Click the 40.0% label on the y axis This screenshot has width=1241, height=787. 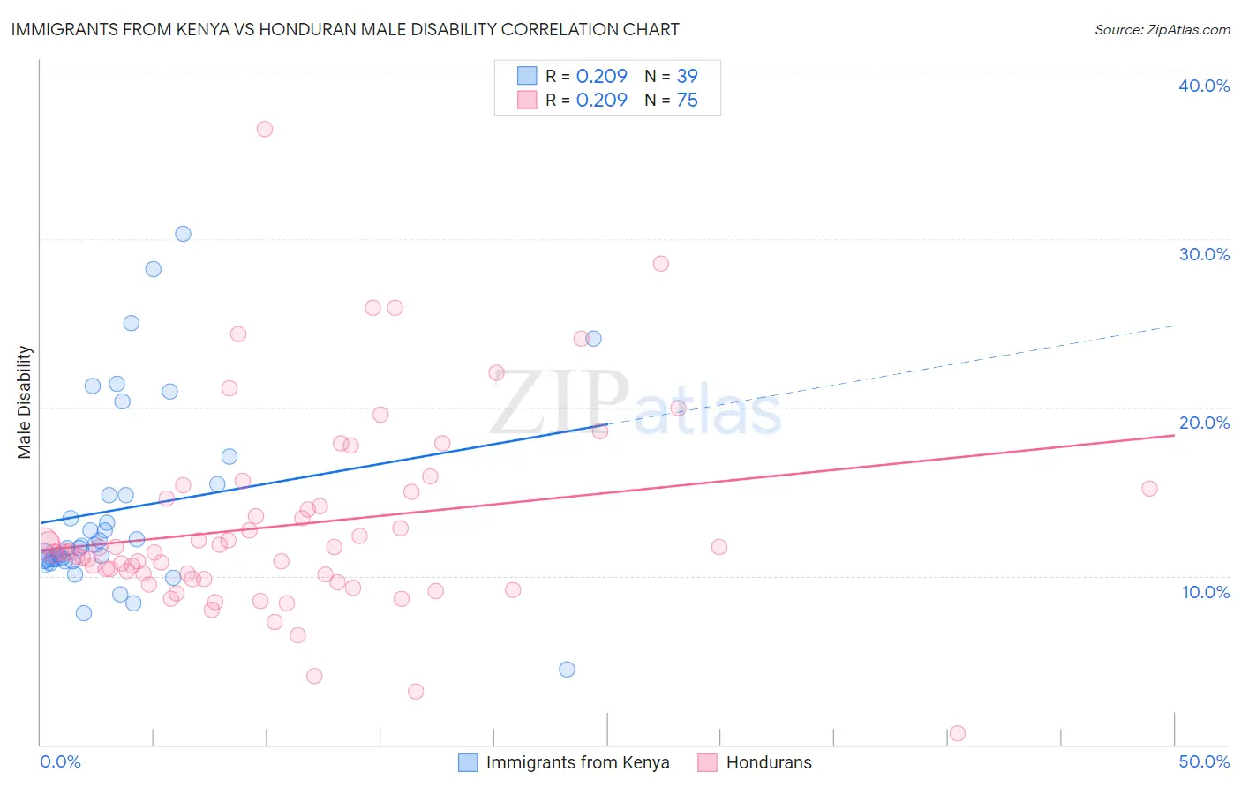click(x=1204, y=86)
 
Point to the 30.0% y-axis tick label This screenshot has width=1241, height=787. click(x=1204, y=254)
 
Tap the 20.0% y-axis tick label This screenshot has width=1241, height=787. click(x=1204, y=423)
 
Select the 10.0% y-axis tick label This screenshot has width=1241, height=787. click(x=1206, y=592)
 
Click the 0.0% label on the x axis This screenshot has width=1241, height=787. click(x=60, y=761)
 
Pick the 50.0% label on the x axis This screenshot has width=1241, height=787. click(x=1204, y=761)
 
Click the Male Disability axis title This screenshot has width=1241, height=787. click(x=25, y=402)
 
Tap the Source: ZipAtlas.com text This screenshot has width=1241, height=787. click(x=1162, y=30)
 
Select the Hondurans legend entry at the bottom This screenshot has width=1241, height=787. click(x=768, y=762)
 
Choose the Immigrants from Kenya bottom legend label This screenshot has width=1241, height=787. click(x=577, y=762)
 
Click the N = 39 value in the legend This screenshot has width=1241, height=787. click(x=671, y=76)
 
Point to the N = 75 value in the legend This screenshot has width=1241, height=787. click(x=671, y=100)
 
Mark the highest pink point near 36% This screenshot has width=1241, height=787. click(x=265, y=129)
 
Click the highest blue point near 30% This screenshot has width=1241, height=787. click(x=183, y=234)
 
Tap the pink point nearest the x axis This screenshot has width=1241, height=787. click(x=957, y=733)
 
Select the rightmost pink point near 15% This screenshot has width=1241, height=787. click(x=1149, y=489)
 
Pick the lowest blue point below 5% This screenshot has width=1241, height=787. click(x=567, y=669)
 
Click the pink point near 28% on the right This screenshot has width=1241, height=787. click(x=660, y=264)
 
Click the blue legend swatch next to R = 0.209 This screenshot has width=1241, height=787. click(x=527, y=76)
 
